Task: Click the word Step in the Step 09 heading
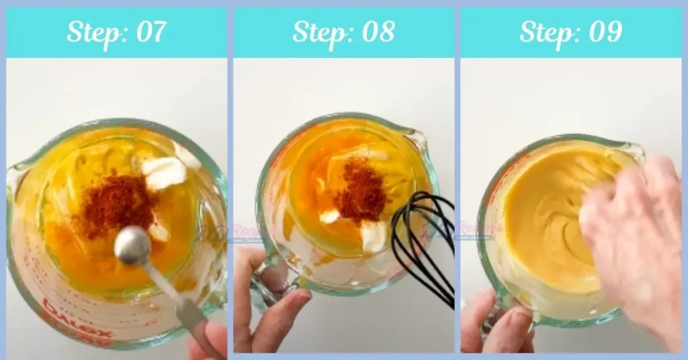[544, 32]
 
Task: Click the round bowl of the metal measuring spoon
[132, 246]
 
